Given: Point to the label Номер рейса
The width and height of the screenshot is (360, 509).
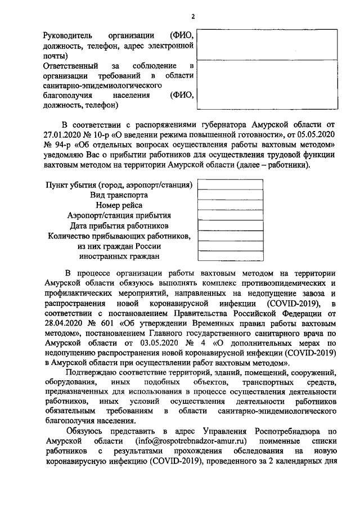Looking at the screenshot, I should point(119,205).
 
